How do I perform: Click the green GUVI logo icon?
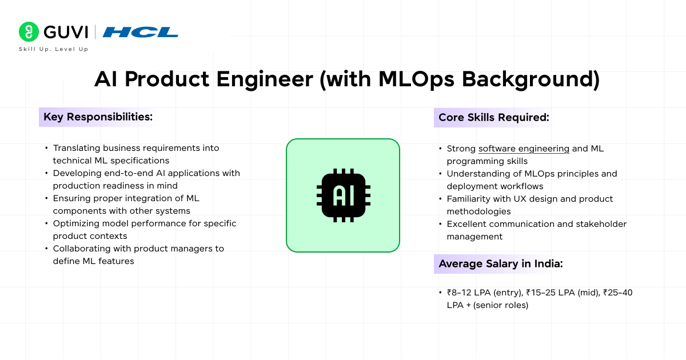(28, 31)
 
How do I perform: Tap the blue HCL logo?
(140, 32)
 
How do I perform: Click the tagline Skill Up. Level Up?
(54, 49)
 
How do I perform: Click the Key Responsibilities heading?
(98, 117)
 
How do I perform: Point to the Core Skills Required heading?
(493, 118)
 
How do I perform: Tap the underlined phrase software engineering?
(524, 149)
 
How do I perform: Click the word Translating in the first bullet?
(79, 148)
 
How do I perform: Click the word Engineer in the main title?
(257, 79)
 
